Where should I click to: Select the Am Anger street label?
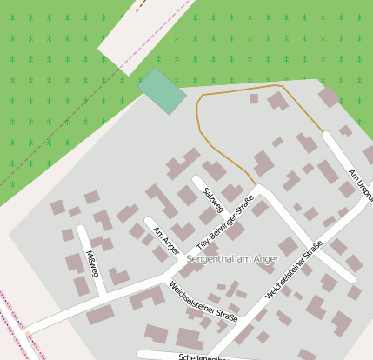[x=164, y=238]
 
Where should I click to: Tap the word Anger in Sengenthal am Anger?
[x=265, y=259]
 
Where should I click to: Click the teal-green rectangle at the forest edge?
[x=162, y=90]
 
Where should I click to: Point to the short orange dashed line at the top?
[x=138, y=6]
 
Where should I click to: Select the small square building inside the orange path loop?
[x=254, y=99]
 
